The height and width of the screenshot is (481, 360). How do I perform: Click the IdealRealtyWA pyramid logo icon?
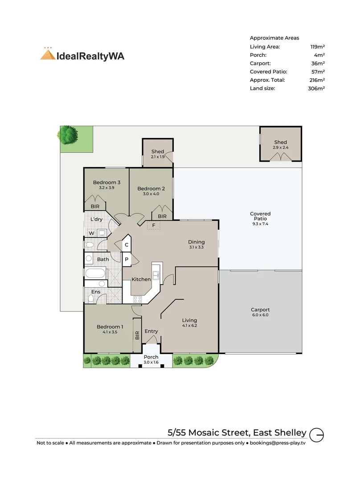48,54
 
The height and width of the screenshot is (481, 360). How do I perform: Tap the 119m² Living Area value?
317,47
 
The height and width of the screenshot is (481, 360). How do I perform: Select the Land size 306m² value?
316,88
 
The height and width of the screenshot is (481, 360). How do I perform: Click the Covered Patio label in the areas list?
269,71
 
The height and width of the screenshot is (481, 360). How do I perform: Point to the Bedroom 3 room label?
106,182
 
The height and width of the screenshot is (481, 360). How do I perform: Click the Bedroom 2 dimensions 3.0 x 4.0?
151,194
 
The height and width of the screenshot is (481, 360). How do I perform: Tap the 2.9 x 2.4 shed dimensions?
281,147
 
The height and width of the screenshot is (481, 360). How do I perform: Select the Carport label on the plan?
260,310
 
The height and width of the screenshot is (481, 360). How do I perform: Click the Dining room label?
196,242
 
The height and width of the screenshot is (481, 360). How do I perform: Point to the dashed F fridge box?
154,225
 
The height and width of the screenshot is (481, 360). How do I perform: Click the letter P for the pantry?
127,260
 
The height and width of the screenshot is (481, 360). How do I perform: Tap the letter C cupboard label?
127,245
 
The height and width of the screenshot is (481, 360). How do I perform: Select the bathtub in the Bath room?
95,273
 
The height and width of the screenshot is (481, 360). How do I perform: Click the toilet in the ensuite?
91,298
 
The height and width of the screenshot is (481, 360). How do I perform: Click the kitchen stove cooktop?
138,299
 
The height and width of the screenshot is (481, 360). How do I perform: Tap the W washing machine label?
91,233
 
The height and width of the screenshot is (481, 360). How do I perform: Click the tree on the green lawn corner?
68,135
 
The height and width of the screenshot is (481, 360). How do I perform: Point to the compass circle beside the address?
316,435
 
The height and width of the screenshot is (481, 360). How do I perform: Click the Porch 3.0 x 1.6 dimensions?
151,362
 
